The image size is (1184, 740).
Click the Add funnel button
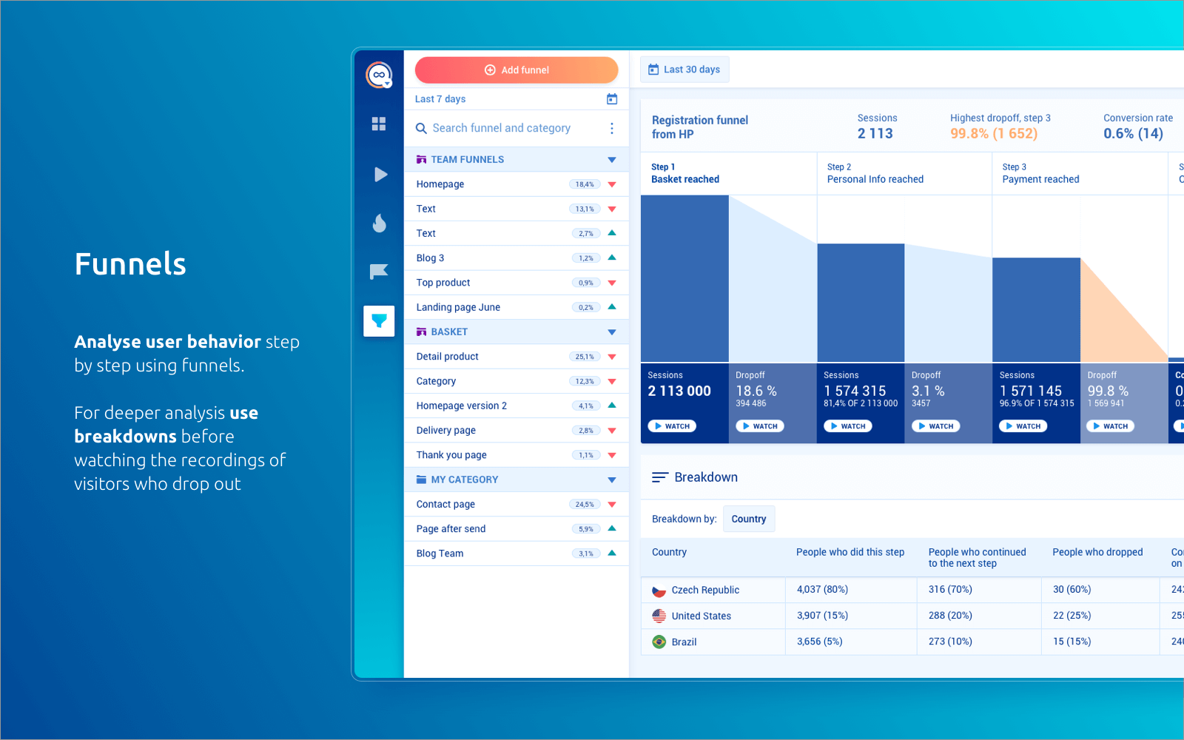point(517,70)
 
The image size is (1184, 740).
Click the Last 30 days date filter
point(684,70)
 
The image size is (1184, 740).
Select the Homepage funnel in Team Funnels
point(440,184)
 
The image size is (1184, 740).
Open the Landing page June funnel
point(458,307)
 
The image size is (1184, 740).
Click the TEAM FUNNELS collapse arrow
point(612,160)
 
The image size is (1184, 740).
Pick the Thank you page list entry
point(451,455)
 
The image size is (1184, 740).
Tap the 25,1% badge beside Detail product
point(585,357)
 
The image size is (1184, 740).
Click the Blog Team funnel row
point(440,554)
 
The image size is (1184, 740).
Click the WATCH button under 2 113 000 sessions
point(672,426)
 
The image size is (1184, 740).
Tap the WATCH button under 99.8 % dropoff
point(1110,426)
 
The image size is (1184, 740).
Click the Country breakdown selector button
point(748,519)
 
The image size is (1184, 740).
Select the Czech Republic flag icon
point(659,591)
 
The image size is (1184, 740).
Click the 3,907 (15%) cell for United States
point(822,616)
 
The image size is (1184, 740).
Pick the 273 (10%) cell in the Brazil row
point(950,642)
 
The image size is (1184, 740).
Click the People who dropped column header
point(1097,552)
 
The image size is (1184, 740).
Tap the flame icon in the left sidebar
point(379,223)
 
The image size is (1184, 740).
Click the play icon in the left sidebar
point(380,175)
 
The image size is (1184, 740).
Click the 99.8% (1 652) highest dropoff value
point(994,134)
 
